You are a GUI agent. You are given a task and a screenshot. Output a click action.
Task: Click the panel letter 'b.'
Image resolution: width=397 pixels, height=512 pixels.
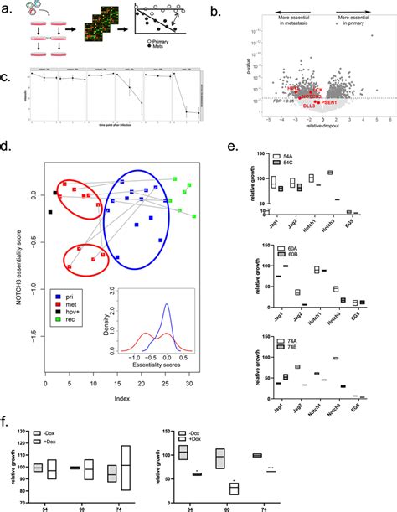(216, 9)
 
